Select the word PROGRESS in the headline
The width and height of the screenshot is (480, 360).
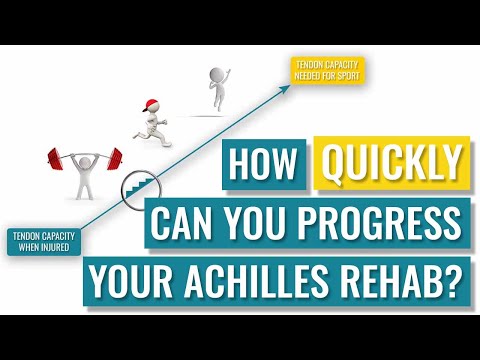pos(384,220)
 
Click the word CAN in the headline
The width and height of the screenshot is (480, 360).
pos(186,220)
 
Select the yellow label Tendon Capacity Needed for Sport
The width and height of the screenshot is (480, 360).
pos(326,70)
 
